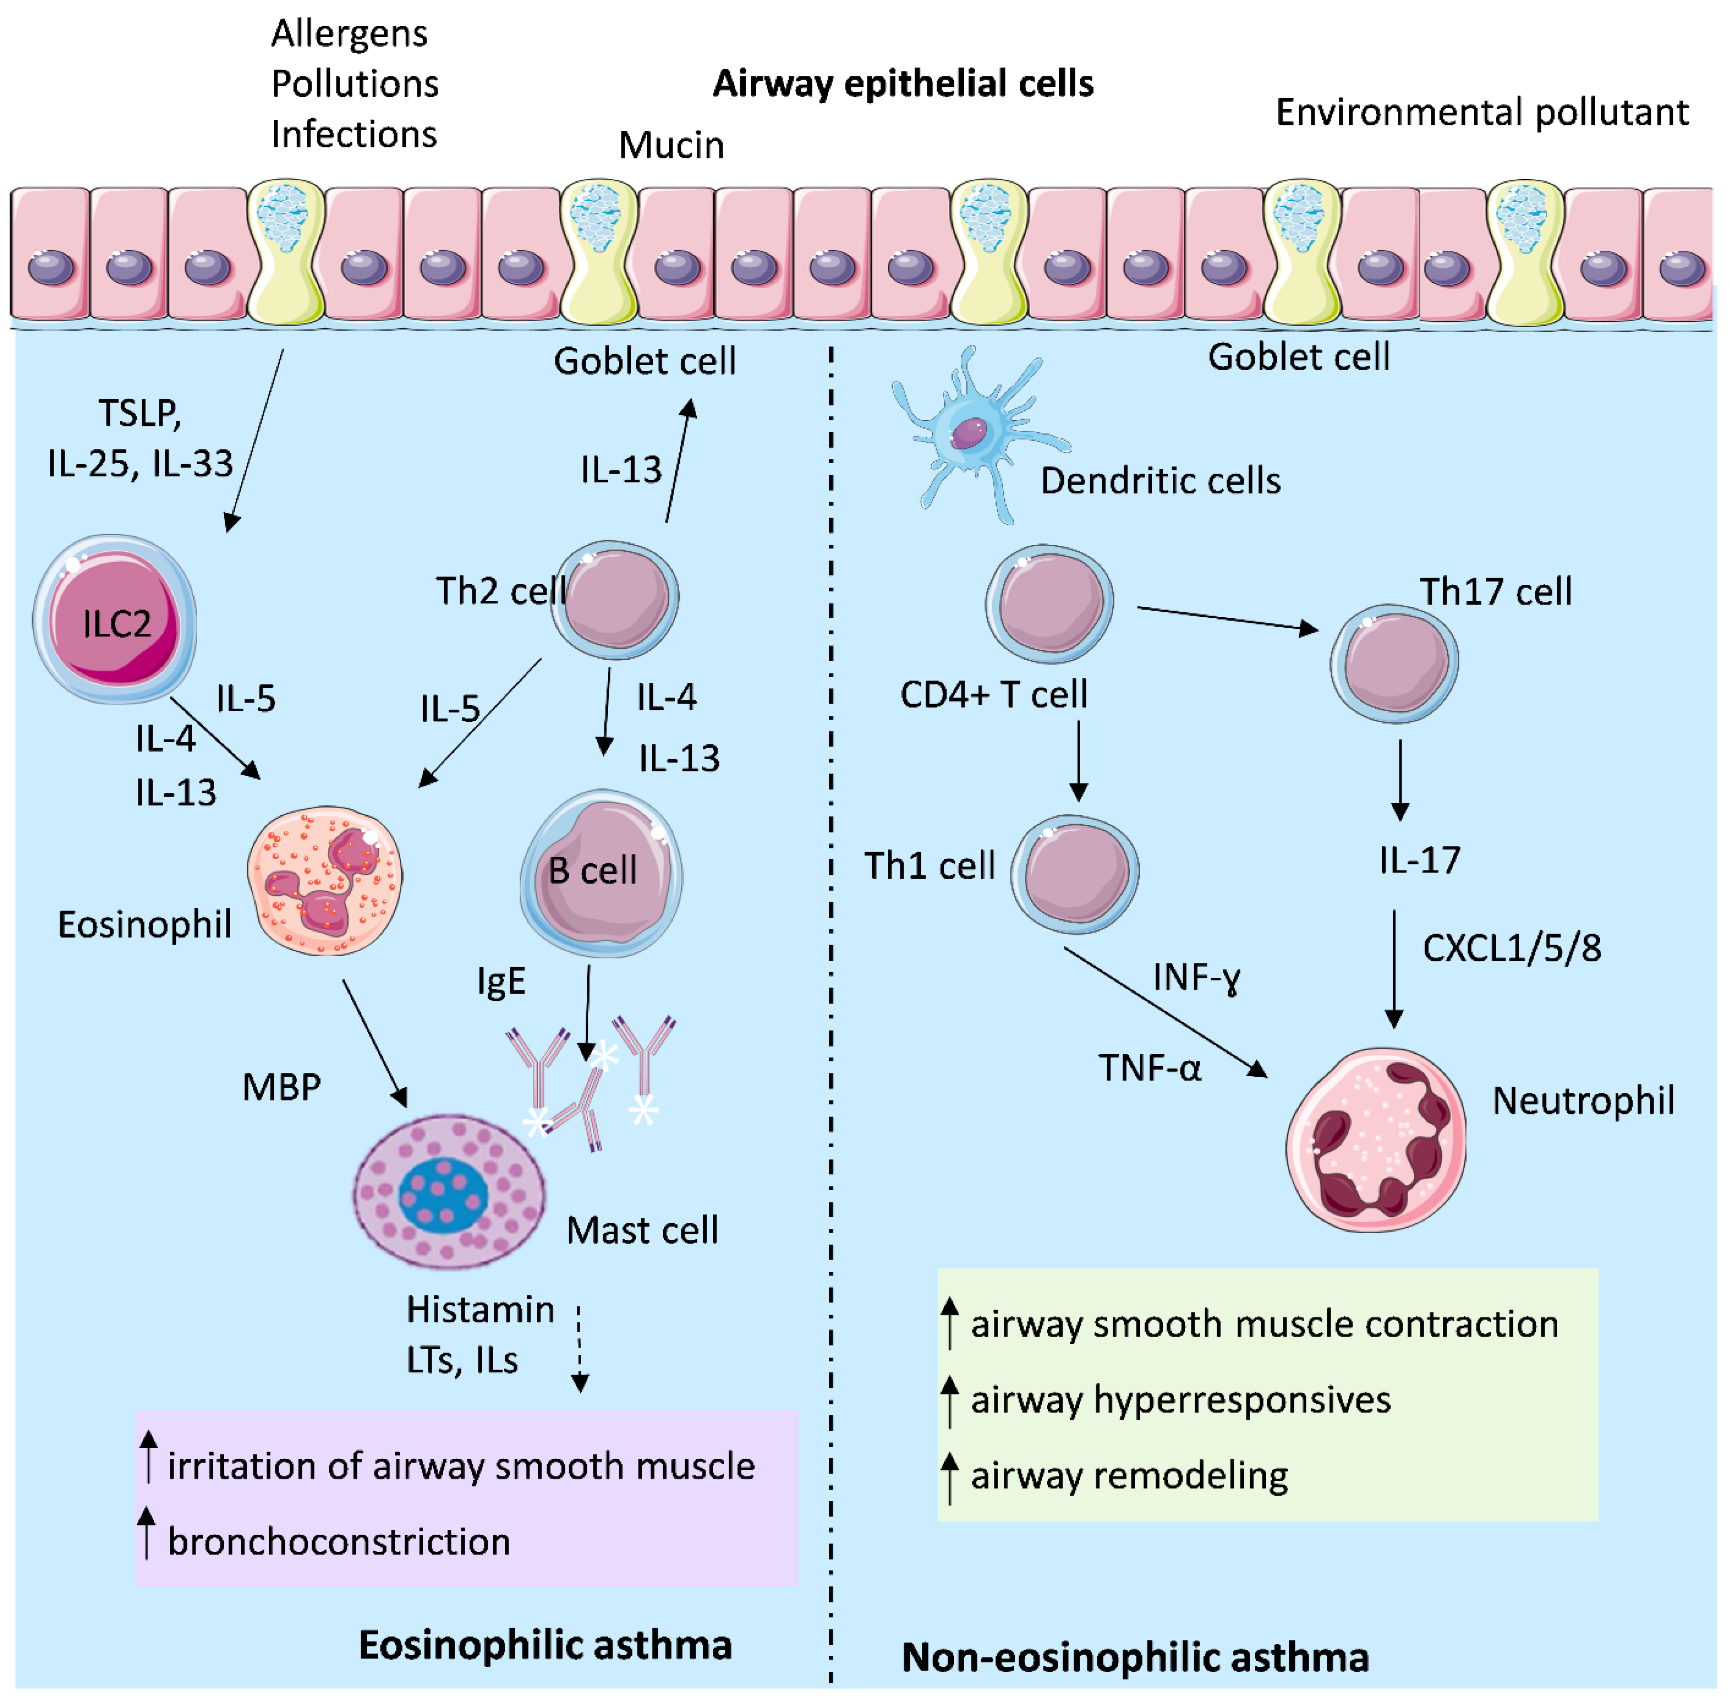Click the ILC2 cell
[x=115, y=619]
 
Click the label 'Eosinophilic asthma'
[x=546, y=1644]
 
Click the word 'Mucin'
[x=672, y=145]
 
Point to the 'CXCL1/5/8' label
[x=1512, y=947]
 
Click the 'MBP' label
[x=282, y=1087]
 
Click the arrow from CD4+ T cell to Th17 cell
[x=1227, y=619]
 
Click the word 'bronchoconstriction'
[x=339, y=1541]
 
